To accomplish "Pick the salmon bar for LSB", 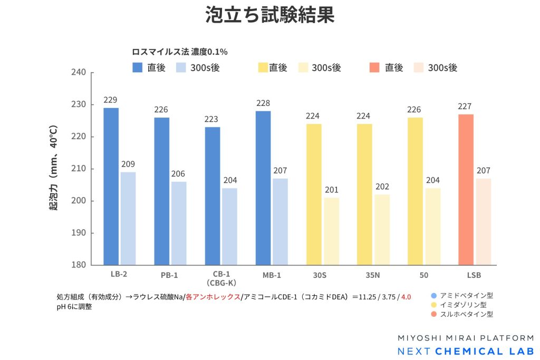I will [466, 189].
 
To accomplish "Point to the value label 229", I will [111, 100].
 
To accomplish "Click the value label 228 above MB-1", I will [263, 103].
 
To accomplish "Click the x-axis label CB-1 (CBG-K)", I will [221, 278].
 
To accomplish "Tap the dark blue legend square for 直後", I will [138, 67].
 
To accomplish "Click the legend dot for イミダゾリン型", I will [433, 305].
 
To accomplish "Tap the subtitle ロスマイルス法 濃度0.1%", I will [179, 52].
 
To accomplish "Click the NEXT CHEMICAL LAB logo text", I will [465, 351].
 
